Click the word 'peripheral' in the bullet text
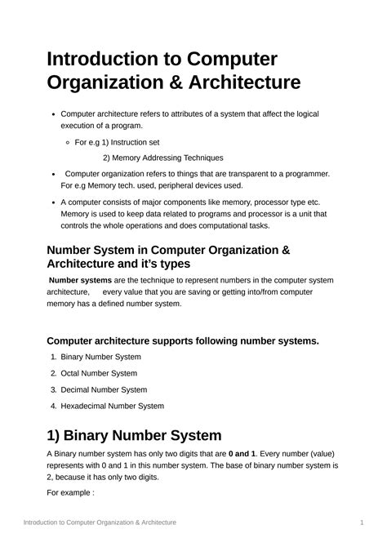(179, 185)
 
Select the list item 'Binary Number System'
(100, 357)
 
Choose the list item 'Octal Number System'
(99, 373)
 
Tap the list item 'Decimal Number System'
(104, 389)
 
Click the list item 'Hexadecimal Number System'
(112, 406)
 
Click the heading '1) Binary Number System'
(134, 435)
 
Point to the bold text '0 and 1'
(242, 454)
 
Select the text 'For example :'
(70, 493)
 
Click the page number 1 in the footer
(361, 522)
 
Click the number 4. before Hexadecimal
(53, 406)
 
